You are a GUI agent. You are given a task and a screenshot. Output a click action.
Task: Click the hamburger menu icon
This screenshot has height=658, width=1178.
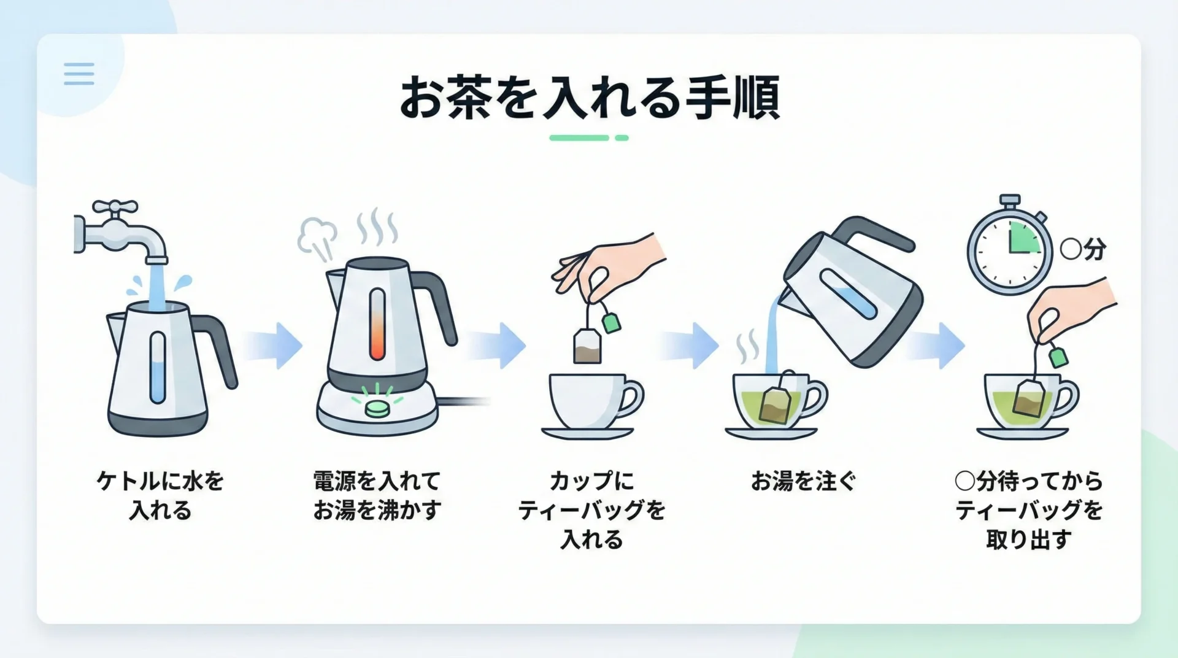coord(79,74)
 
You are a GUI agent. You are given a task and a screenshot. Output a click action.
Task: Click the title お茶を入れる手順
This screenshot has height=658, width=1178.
coord(589,97)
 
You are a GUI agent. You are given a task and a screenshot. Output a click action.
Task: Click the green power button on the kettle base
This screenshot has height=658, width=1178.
coord(377,408)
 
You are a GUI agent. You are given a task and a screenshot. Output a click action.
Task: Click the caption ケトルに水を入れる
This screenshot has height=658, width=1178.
coord(161,495)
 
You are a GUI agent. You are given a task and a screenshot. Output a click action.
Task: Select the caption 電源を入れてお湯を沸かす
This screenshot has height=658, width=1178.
coord(377,495)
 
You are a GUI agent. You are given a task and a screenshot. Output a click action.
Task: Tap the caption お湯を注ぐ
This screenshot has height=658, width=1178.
coord(803,481)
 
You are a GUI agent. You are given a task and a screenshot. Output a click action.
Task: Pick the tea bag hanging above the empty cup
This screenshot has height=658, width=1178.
coord(588,346)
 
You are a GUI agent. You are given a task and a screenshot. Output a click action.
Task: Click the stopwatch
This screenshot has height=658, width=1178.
coord(1009,246)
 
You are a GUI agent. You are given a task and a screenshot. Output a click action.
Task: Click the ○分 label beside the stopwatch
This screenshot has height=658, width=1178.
coord(1083,249)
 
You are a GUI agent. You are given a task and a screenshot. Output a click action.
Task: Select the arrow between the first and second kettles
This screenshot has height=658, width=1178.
coord(273,346)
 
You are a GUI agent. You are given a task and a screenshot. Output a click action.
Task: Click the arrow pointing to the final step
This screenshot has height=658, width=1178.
coord(936,346)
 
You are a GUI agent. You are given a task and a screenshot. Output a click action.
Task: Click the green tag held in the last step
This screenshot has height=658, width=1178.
coord(1058,357)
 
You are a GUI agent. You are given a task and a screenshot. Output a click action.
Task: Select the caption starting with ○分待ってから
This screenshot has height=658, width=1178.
coord(1029,510)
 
